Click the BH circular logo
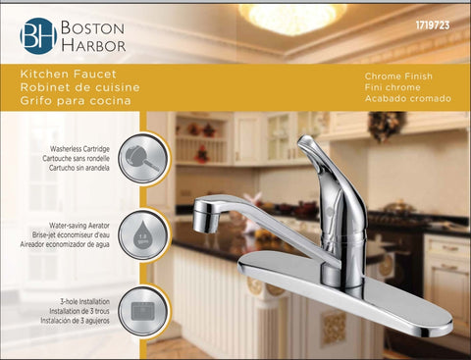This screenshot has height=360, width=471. [38, 35]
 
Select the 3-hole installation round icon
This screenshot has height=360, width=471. [144, 309]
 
